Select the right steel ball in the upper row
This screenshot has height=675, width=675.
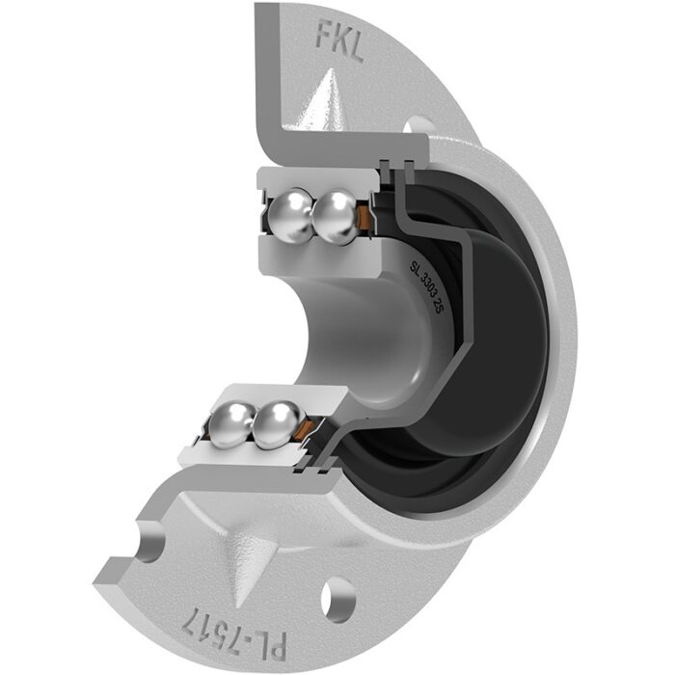click(336, 217)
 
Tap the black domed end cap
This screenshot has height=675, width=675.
click(501, 328)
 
